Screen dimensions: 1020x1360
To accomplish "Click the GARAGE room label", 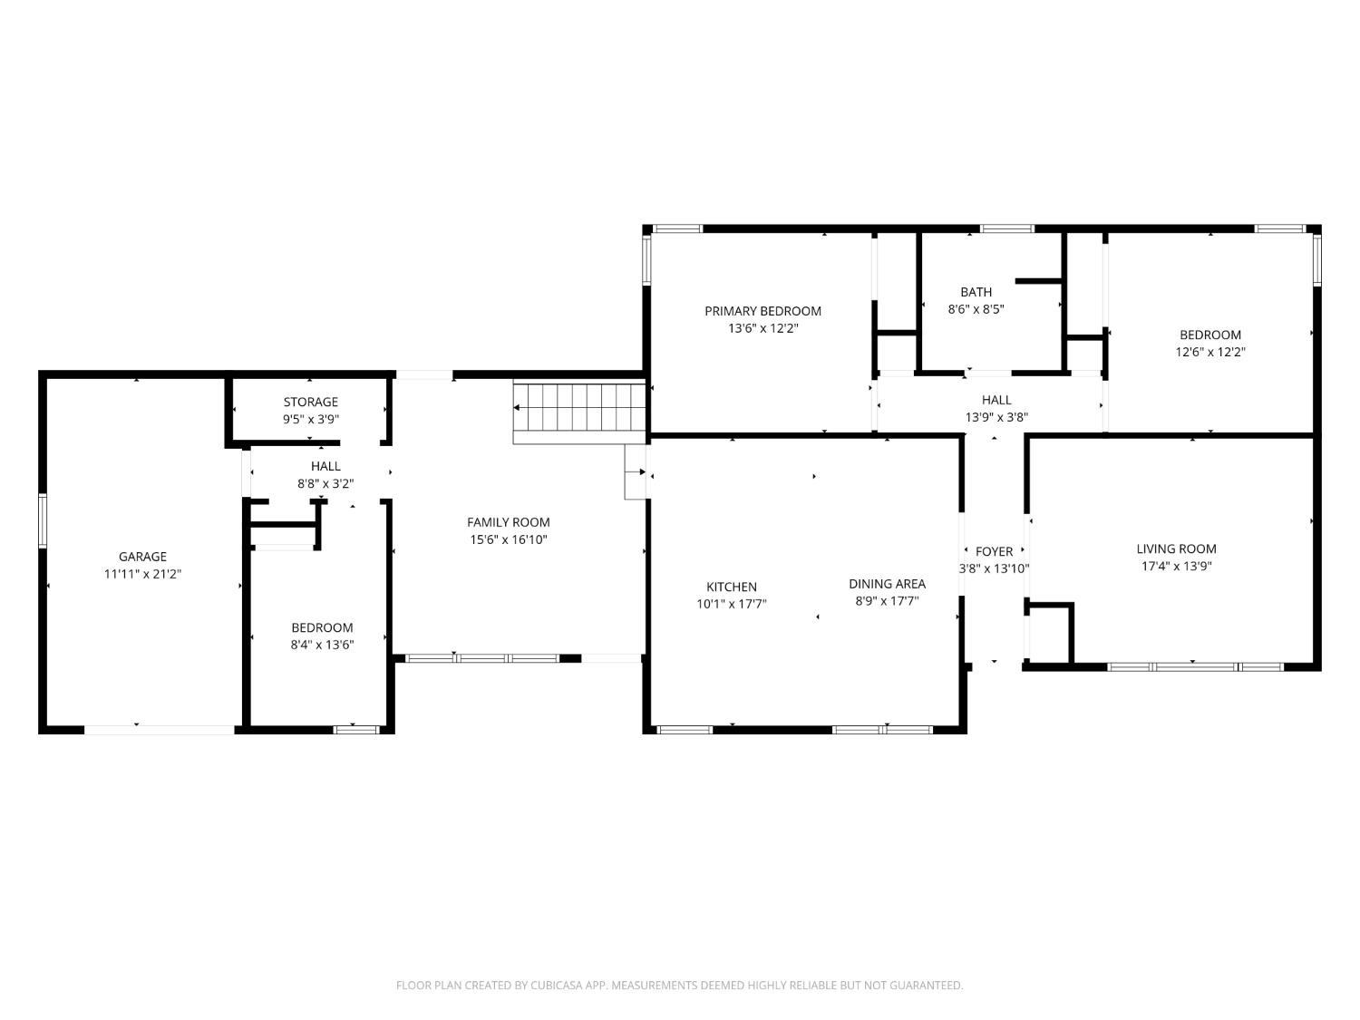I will [x=142, y=557].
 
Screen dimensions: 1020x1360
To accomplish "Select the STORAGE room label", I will [x=310, y=402].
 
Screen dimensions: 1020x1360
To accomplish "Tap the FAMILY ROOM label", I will [x=508, y=522].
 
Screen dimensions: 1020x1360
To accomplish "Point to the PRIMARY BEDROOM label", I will [x=763, y=311].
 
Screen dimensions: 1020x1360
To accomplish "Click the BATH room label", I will [x=976, y=292].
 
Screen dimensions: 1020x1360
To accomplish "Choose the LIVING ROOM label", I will [x=1176, y=549].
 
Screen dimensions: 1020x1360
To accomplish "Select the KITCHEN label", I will [x=731, y=587].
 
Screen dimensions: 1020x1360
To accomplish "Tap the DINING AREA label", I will [x=887, y=584].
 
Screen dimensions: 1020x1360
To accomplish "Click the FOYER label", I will [x=994, y=551].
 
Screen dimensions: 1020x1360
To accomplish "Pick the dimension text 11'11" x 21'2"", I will [x=142, y=574].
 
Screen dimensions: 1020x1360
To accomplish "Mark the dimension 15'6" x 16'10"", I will [x=508, y=539].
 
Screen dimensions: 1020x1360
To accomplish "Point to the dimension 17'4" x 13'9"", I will [x=1176, y=566].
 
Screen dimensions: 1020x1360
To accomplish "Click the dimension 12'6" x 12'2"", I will [x=1210, y=352].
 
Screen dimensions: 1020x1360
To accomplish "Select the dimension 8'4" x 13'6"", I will [x=322, y=645].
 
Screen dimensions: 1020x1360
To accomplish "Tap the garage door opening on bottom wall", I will [x=160, y=729].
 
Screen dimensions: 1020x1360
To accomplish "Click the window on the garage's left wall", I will [x=43, y=521].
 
